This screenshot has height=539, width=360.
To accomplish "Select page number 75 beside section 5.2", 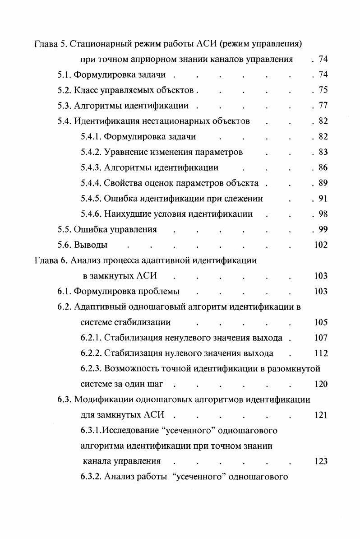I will click(x=323, y=90).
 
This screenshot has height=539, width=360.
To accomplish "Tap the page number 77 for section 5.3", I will click(x=323, y=106).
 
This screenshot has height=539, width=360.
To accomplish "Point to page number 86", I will click(x=323, y=168).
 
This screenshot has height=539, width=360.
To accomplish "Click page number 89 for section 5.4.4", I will click(x=323, y=183).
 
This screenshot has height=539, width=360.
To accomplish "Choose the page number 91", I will click(x=323, y=199).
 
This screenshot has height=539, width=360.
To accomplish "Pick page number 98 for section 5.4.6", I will click(x=323, y=214).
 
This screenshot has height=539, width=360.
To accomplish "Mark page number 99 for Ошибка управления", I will click(x=323, y=229).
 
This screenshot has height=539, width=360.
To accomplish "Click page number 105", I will click(x=320, y=322).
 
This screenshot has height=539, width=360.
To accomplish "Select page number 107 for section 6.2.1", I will click(x=320, y=338).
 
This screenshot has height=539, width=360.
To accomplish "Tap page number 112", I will click(x=320, y=353).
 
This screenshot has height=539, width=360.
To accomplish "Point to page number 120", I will click(x=320, y=384).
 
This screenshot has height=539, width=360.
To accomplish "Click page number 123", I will click(x=320, y=461).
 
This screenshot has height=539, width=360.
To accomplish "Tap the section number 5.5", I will click(x=64, y=229).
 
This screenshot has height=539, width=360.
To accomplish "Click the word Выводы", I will click(x=90, y=246).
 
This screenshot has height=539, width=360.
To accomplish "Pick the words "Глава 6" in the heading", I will click(x=51, y=260).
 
